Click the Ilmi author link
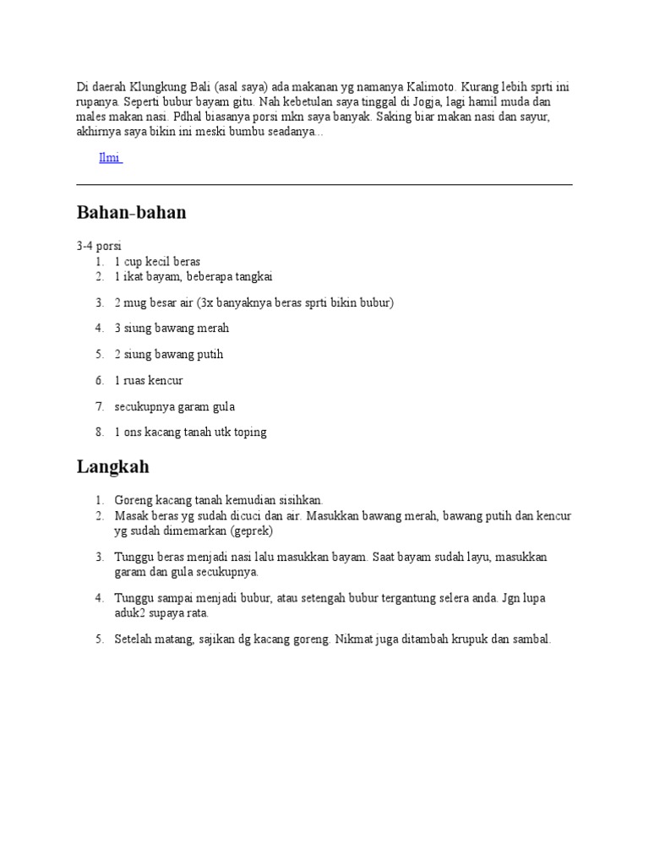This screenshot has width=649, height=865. [x=110, y=158]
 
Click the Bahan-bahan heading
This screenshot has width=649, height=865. [x=131, y=213]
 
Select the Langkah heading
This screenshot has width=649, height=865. [x=113, y=466]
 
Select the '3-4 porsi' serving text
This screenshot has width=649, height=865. [x=99, y=247]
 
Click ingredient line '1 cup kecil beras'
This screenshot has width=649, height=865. [x=157, y=262]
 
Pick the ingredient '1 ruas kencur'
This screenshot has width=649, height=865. [x=149, y=380]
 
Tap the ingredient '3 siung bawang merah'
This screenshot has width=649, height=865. [x=172, y=328]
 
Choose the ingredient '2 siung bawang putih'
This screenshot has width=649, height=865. [x=169, y=354]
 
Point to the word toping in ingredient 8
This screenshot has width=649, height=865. [x=248, y=432]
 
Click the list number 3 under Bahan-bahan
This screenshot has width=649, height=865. [x=99, y=302]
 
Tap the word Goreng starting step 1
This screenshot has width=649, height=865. [x=133, y=500]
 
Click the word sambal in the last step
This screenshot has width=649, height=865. [x=531, y=639]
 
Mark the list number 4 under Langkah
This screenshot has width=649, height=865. [x=99, y=598]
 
